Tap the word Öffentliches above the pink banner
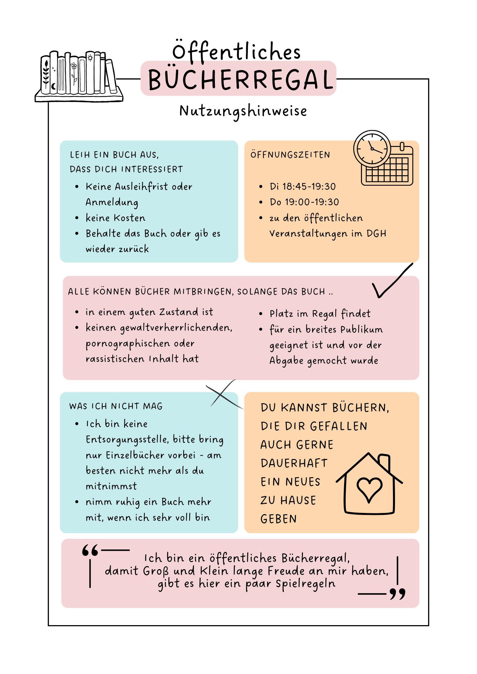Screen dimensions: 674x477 pyautogui.click(x=236, y=51)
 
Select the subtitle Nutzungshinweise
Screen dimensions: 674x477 pyautogui.click(x=243, y=111)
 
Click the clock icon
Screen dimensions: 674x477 pyautogui.click(x=372, y=149)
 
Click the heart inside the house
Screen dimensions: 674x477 pyautogui.click(x=369, y=489)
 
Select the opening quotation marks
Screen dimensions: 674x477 pyautogui.click(x=90, y=551)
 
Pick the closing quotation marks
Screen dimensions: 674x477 pyautogui.click(x=397, y=594)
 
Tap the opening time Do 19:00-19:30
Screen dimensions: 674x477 pyautogui.click(x=304, y=202)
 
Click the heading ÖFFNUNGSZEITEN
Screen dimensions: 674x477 pyautogui.click(x=290, y=155)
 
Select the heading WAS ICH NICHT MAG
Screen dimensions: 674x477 pyautogui.click(x=116, y=406)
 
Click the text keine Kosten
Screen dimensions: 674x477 pyautogui.click(x=115, y=218)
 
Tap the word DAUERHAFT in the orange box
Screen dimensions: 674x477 pyautogui.click(x=294, y=463)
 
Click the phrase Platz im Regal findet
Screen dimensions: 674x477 pyautogui.click(x=320, y=314)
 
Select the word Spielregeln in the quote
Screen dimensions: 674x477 pyautogui.click(x=305, y=584)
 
